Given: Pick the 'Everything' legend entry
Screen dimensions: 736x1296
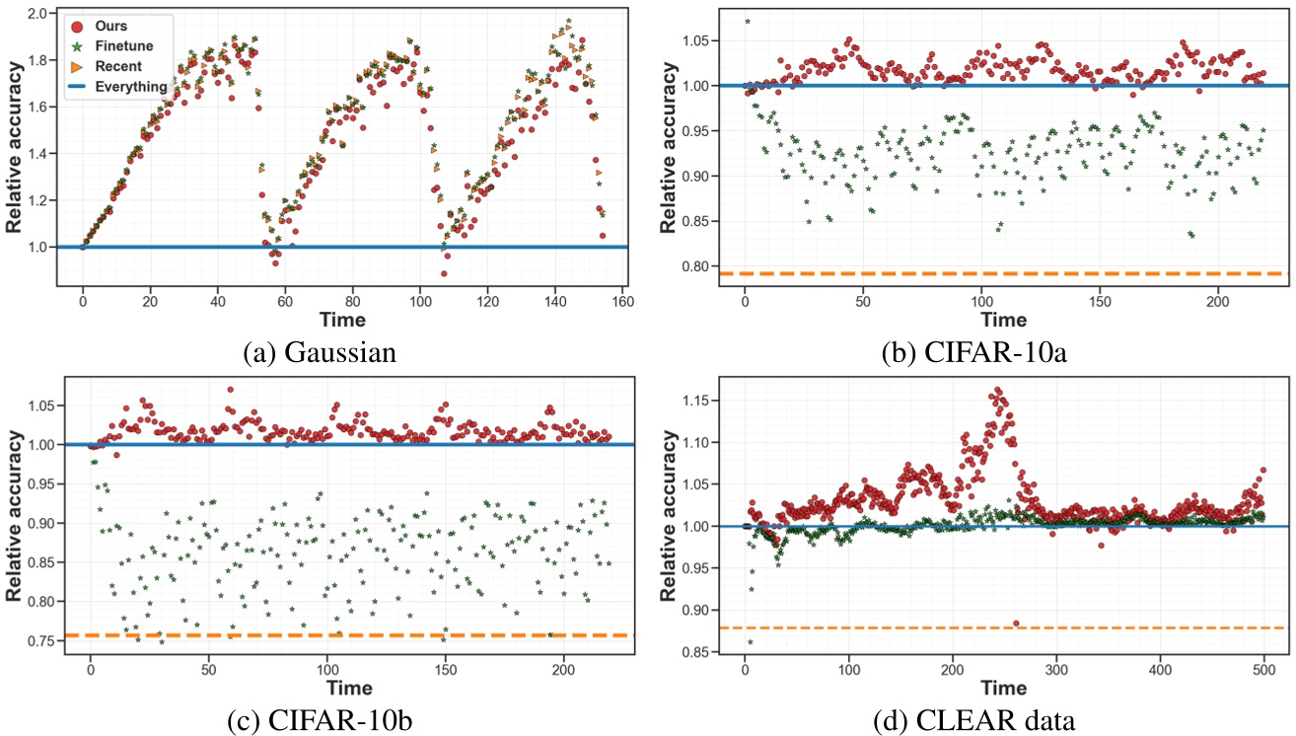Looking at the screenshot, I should [x=122, y=87].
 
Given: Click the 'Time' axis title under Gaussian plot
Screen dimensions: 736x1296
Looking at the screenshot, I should [x=341, y=321].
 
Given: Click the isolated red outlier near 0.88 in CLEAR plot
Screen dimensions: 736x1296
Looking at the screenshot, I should [x=1016, y=624].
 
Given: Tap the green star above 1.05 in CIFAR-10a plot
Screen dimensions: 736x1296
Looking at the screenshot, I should [x=747, y=21].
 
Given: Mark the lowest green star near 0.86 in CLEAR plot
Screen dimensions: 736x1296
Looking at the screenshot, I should [x=750, y=642].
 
